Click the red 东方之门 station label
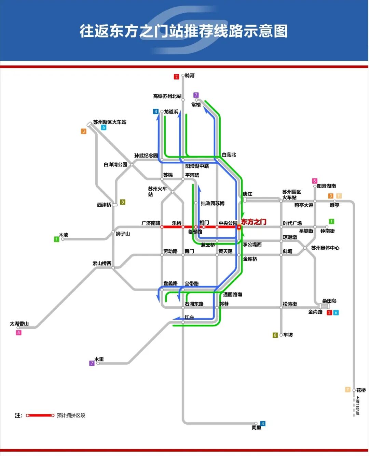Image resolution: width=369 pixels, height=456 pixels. coord(254,222)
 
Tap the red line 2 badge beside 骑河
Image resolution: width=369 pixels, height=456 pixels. coord(176,77)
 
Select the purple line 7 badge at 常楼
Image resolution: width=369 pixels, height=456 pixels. coord(196,95)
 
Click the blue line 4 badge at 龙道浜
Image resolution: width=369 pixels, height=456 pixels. coord(156,112)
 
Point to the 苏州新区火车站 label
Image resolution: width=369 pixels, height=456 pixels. coord(110,122)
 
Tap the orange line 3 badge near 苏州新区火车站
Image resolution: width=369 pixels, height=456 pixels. coord(84,131)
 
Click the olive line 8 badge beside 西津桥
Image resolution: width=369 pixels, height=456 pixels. coord(122,202)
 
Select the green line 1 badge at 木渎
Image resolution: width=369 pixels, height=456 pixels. coord(57,239)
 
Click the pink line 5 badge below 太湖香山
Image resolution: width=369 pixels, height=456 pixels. coord(19,333)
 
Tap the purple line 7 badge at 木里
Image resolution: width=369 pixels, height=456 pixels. coord(92,364)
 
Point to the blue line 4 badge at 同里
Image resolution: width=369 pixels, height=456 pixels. coord(262,424)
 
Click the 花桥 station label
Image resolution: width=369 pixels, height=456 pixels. coord(361,390)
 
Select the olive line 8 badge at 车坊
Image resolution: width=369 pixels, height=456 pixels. coord(275,335)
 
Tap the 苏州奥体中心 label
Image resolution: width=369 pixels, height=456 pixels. coord(325,248)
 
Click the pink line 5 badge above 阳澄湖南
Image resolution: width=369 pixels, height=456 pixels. coord(315,181)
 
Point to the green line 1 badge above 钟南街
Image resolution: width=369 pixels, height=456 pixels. coord(331,221)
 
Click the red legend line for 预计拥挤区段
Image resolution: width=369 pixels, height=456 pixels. coord(40,415)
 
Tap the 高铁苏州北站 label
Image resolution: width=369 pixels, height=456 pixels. coord(167,96)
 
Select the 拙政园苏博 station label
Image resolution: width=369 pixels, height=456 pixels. coord(213,203)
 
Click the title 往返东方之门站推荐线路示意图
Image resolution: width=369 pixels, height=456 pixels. coord(184,31)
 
